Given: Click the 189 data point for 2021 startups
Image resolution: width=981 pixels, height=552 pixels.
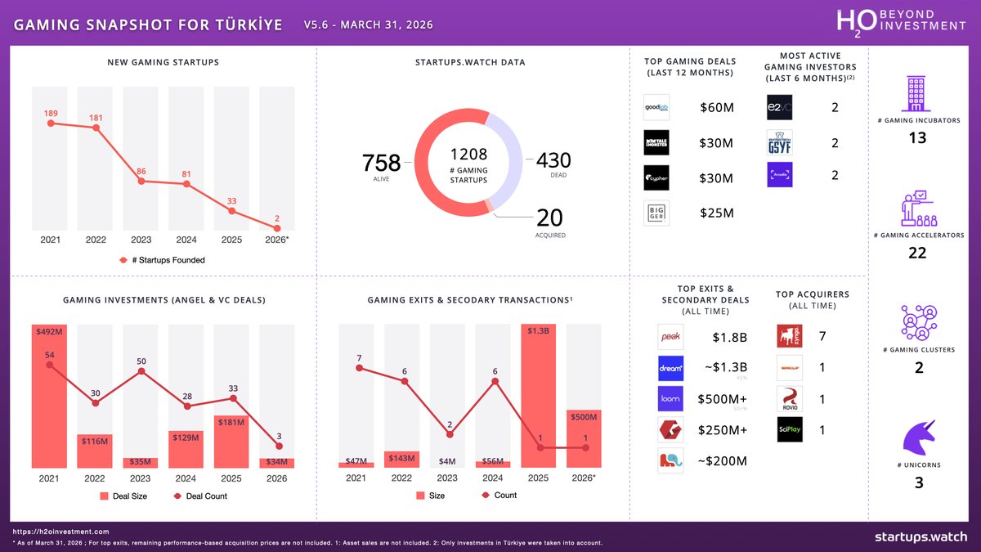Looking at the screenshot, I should [51, 123].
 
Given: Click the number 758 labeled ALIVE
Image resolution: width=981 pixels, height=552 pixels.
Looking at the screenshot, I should [381, 163].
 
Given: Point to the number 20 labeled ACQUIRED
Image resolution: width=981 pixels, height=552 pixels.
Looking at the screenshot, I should [550, 218].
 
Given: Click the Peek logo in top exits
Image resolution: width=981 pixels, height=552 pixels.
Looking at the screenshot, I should [670, 337].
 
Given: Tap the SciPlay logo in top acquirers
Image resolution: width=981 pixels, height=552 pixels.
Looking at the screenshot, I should [790, 429].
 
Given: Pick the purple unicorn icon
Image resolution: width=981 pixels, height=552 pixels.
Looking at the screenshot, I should [918, 430].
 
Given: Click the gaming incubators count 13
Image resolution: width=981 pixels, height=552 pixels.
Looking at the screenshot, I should [917, 137].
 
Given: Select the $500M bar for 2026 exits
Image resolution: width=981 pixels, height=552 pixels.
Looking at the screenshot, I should [584, 438].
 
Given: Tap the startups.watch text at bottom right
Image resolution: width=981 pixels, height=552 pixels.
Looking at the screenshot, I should [921, 536].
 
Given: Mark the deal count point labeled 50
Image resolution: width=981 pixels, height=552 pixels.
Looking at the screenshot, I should [141, 370].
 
